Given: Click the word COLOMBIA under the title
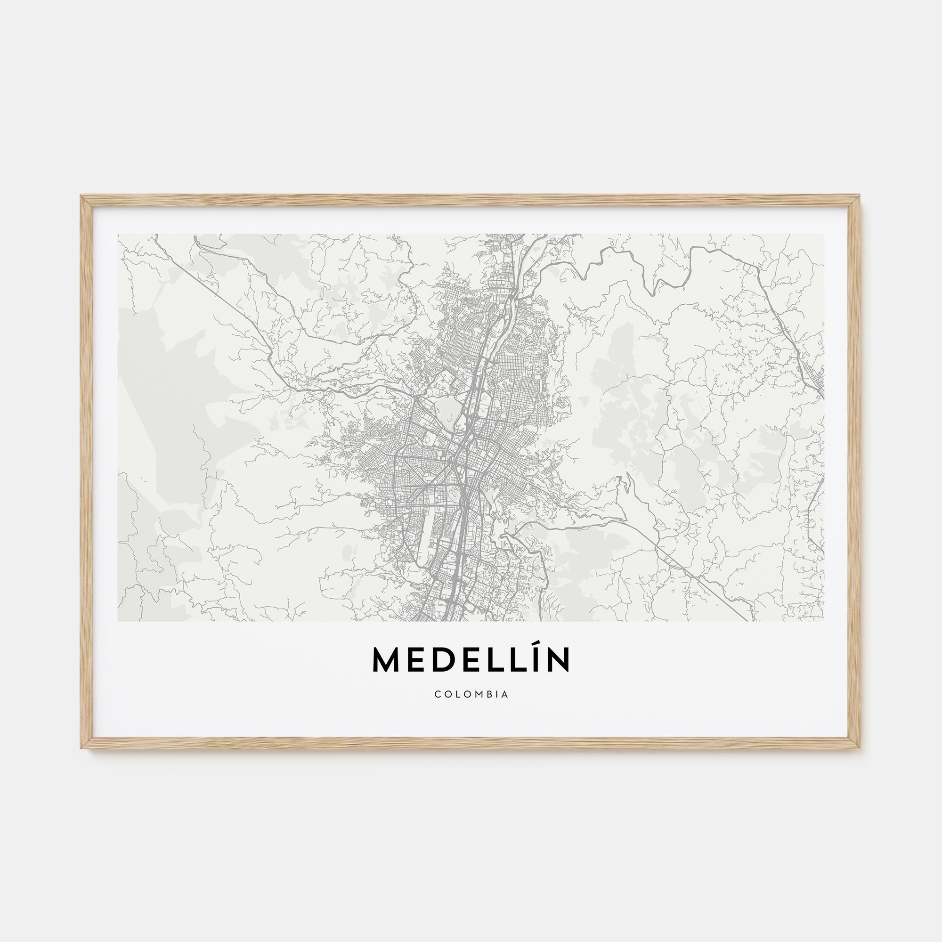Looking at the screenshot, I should tap(471, 694).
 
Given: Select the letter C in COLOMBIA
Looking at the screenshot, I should tap(438, 694).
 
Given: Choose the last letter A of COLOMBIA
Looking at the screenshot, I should tap(505, 694).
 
